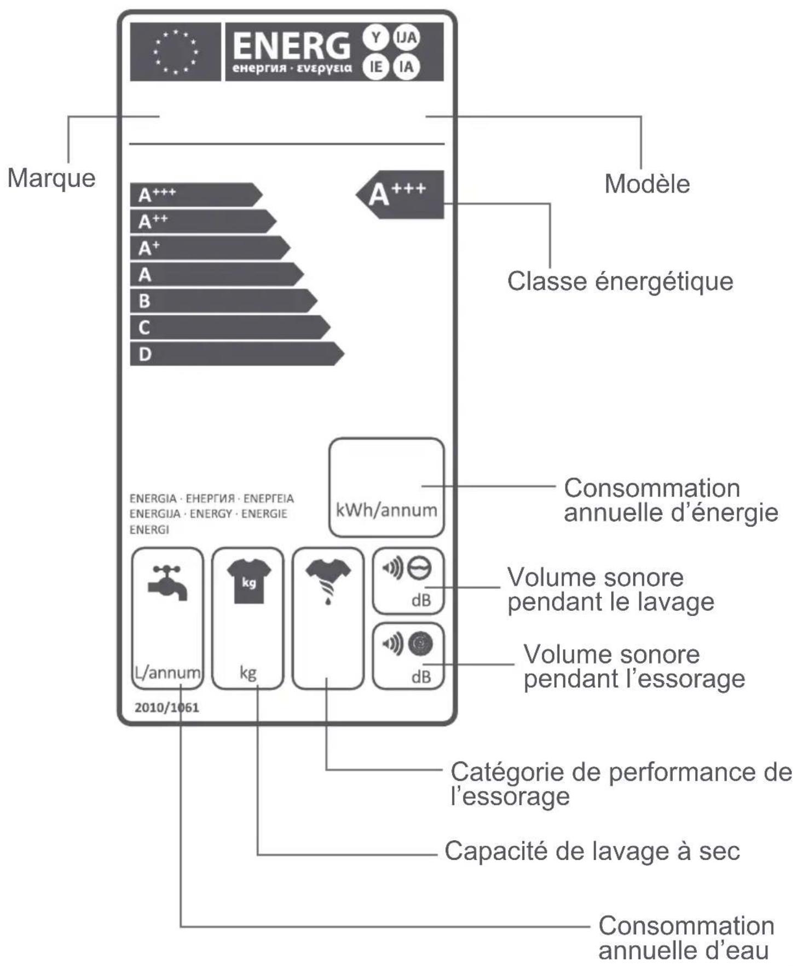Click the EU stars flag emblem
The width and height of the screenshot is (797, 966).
pos(176,52)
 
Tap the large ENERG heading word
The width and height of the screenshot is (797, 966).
pos(291,45)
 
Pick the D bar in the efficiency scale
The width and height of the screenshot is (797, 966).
pos(237,354)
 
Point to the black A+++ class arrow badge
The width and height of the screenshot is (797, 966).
pos(400,195)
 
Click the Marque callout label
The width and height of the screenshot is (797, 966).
pos(51,178)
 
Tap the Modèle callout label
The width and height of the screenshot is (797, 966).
pos(647,184)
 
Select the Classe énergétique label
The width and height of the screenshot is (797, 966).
pos(620,281)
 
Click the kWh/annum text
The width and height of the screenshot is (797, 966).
pos(386,510)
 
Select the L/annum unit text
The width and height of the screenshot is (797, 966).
pos(168,672)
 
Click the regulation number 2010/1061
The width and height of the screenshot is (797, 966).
pos(167,708)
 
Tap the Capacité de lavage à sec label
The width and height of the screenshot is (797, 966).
pos(592,852)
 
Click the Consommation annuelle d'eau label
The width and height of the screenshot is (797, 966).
pos(686,938)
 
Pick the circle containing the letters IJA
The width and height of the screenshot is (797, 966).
pos(407,37)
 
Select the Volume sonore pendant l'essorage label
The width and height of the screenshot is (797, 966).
pos(634,667)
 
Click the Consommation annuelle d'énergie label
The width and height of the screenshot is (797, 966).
pos(671,500)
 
